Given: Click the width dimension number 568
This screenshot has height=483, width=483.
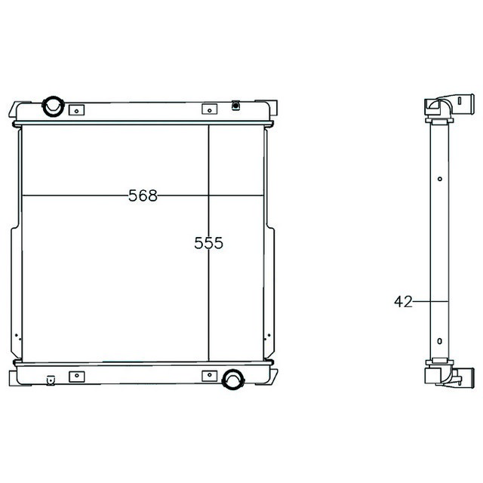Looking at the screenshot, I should tap(143, 196).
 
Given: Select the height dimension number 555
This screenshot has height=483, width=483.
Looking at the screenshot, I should tap(208, 243).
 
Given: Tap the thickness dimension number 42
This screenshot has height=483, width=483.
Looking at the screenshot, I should tap(403, 302).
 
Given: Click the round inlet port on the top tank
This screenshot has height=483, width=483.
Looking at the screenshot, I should tap(53, 106).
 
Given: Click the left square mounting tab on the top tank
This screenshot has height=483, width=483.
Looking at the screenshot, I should tap(76, 110).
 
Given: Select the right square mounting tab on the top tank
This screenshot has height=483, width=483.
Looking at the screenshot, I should tap(208, 110).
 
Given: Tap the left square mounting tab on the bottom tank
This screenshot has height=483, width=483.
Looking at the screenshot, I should tap(76, 375).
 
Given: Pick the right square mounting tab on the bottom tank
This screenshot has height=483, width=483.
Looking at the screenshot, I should tap(208, 375).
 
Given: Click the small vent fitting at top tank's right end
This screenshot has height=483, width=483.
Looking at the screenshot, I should tap(236, 106).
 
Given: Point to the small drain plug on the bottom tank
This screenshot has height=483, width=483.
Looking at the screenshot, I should tap(51, 380).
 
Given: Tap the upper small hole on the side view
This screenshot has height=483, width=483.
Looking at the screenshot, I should tap(440, 179).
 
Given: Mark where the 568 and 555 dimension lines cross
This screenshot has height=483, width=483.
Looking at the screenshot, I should tap(208, 196).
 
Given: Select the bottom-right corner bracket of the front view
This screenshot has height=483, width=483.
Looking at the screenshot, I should tap(270, 374).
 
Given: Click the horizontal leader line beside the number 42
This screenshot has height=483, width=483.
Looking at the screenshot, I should tap(431, 302).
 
